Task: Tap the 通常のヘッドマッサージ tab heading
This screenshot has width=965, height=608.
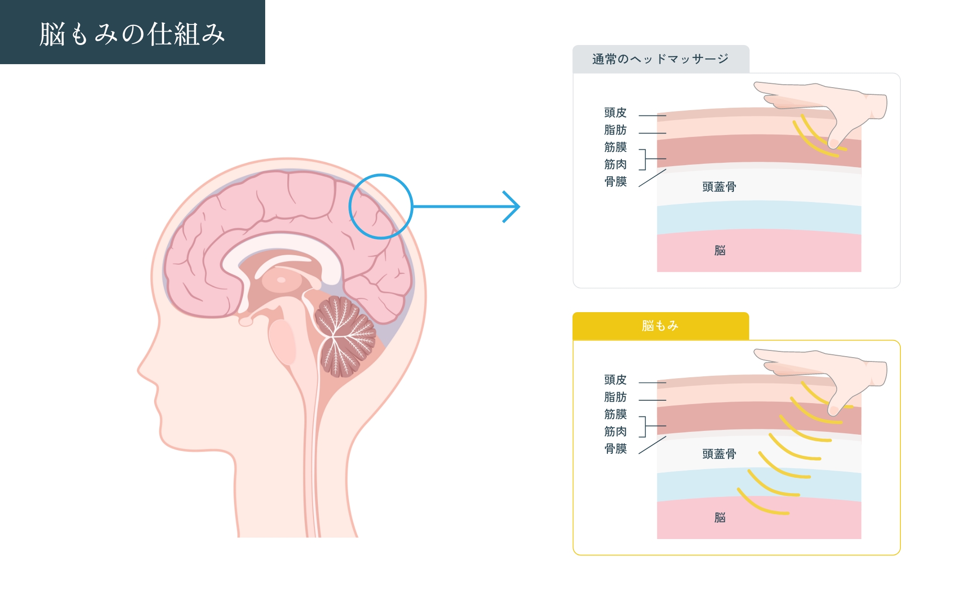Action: (x=660, y=59)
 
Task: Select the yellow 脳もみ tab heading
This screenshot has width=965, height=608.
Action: (x=660, y=326)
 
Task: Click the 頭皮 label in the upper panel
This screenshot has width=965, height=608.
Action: (x=615, y=113)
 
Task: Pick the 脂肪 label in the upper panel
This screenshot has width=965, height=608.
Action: (x=615, y=130)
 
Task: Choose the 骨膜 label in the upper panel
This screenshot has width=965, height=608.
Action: (x=615, y=182)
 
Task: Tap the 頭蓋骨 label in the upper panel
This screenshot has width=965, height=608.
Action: (x=719, y=187)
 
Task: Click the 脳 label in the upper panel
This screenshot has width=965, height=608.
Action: (x=720, y=250)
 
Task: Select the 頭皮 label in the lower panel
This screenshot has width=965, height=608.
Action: (x=615, y=380)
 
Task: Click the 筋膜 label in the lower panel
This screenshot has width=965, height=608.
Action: (x=615, y=415)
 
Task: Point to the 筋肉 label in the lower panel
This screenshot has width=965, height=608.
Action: (x=615, y=432)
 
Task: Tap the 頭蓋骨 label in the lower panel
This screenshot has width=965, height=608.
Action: (x=719, y=454)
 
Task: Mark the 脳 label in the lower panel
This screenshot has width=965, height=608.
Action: (x=720, y=518)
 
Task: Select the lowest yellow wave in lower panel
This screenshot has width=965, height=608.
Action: (x=761, y=505)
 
